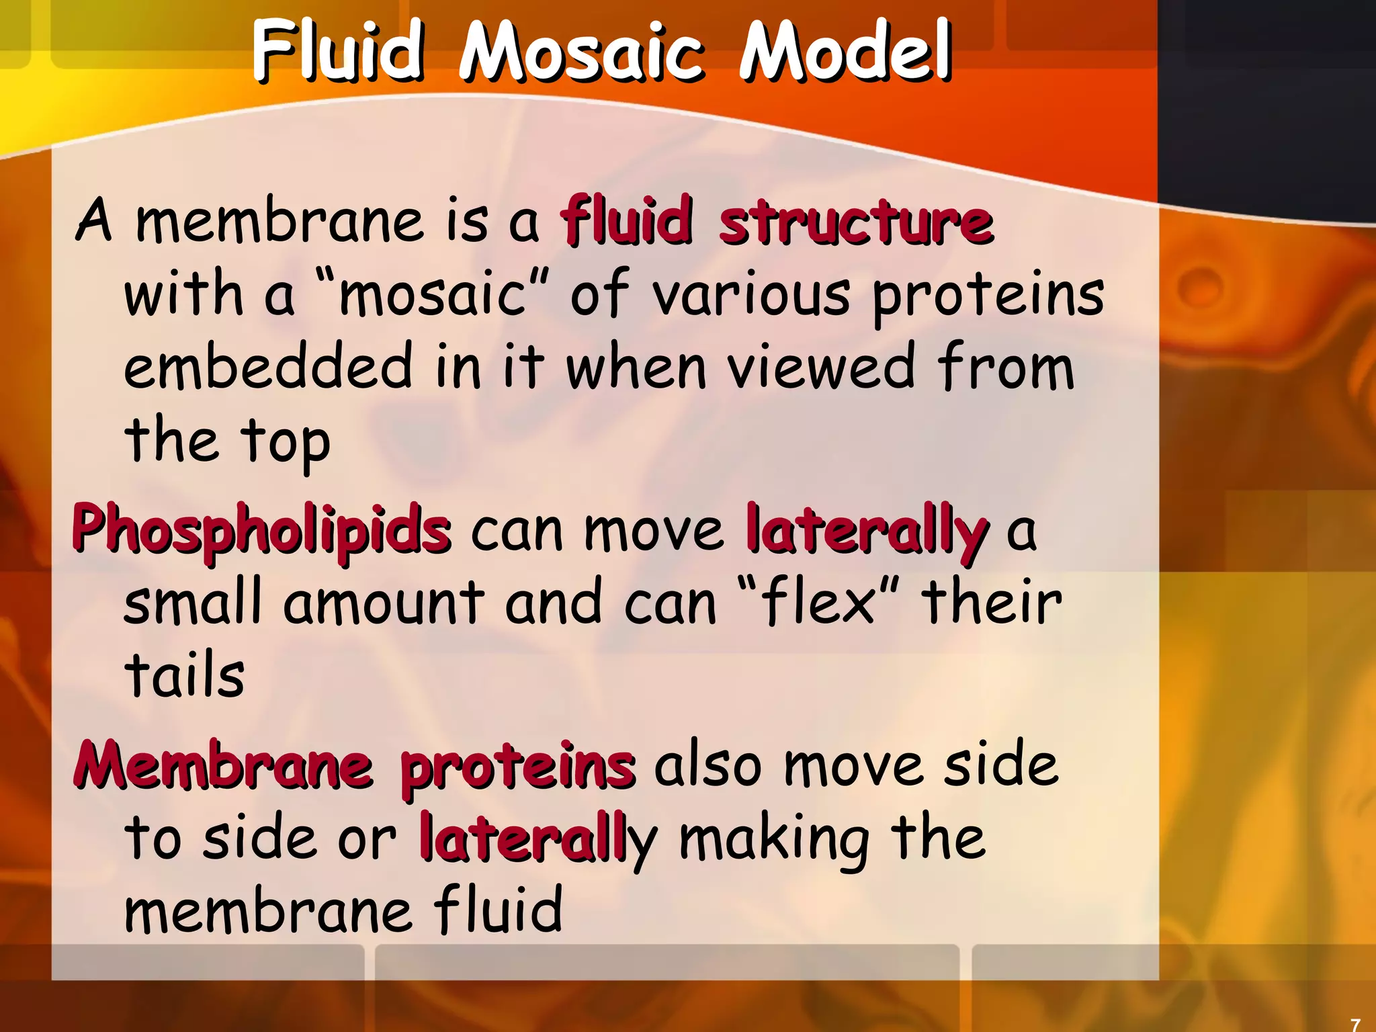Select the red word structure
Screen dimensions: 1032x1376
(856, 222)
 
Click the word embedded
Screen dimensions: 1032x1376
(268, 366)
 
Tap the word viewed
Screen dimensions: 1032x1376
(822, 366)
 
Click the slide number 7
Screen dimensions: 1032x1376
(1355, 1025)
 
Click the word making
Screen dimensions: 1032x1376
(775, 840)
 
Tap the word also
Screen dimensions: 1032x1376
(708, 766)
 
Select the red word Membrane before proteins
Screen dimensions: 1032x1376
(224, 766)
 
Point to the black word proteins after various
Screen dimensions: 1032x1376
(988, 296)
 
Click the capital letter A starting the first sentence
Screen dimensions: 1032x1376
(93, 220)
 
